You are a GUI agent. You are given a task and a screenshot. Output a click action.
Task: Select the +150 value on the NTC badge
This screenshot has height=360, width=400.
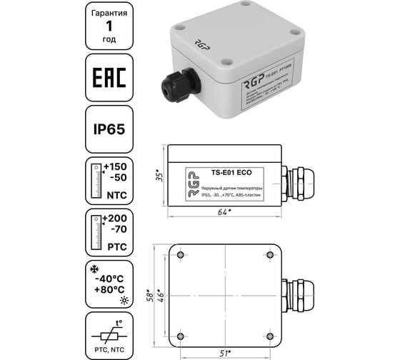pos(114,167)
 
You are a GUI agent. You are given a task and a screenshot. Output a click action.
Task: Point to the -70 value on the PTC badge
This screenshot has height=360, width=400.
pos(114,230)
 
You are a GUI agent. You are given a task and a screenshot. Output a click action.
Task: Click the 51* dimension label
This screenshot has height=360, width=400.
pos(226,351)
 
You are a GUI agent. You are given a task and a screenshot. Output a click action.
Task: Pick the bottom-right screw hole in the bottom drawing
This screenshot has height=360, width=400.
pos(272,334)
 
